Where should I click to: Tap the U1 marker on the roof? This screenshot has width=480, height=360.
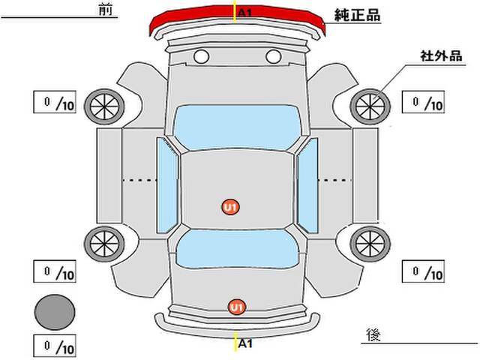click(230, 207)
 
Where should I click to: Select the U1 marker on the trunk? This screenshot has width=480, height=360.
click(237, 307)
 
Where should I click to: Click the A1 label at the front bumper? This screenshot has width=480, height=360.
click(245, 13)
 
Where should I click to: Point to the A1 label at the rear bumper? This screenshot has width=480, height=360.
click(245, 343)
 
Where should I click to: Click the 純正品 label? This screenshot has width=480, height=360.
click(357, 15)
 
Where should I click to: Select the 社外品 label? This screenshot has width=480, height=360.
click(441, 56)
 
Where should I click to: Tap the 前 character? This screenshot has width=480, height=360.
click(106, 10)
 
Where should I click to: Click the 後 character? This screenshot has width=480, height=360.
click(373, 335)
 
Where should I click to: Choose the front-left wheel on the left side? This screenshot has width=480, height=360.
click(104, 106)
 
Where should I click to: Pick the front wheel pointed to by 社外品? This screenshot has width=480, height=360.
click(370, 106)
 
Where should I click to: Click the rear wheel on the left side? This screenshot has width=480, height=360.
click(104, 244)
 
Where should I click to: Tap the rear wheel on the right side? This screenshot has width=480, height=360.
click(370, 244)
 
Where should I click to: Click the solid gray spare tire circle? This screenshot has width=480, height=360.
click(55, 312)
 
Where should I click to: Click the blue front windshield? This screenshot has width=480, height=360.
click(237, 127)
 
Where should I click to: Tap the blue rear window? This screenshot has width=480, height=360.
click(237, 249)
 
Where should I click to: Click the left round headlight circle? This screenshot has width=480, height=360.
click(202, 57)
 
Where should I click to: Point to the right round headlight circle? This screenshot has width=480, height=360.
click(273, 57)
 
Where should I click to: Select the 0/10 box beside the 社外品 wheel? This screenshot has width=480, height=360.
click(423, 102)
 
